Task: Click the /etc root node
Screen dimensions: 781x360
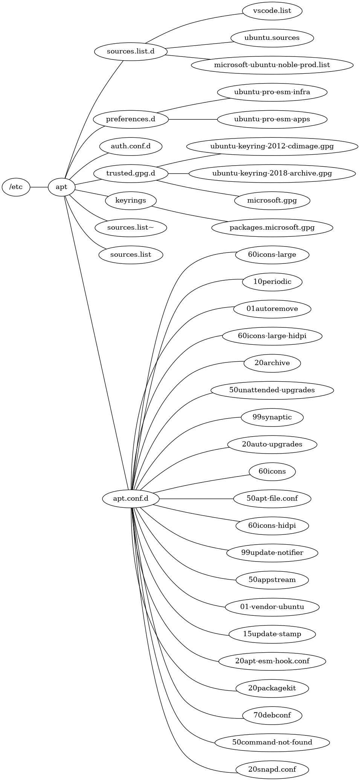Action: pos(16,187)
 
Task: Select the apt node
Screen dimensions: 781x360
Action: pos(61,187)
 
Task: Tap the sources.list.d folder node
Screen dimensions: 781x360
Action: pos(131,51)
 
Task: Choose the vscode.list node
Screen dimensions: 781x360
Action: pos(272,11)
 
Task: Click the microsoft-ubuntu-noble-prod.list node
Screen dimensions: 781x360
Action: pos(272,65)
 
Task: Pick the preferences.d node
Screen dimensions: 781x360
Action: pos(131,119)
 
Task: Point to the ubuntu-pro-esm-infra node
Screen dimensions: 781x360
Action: pos(272,92)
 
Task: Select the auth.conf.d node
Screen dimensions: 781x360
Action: pos(131,146)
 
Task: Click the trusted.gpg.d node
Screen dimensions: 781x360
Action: pos(131,173)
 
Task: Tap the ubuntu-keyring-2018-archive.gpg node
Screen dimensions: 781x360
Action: pos(272,173)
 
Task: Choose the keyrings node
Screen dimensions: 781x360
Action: pos(131,200)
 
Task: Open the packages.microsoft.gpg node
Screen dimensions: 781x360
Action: pos(272,227)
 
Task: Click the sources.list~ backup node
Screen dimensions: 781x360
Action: pos(131,227)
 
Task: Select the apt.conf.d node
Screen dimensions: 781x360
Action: pos(131,498)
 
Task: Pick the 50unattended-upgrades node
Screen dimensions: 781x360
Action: pos(272,390)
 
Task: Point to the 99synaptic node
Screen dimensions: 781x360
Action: pos(272,417)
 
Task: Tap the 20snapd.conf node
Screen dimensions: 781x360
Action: pos(272,769)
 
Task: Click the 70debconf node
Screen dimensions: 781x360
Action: pos(272,715)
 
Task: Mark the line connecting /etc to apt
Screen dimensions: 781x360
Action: pos(39,187)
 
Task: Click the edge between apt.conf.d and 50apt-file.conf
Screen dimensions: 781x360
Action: pos(196,498)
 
